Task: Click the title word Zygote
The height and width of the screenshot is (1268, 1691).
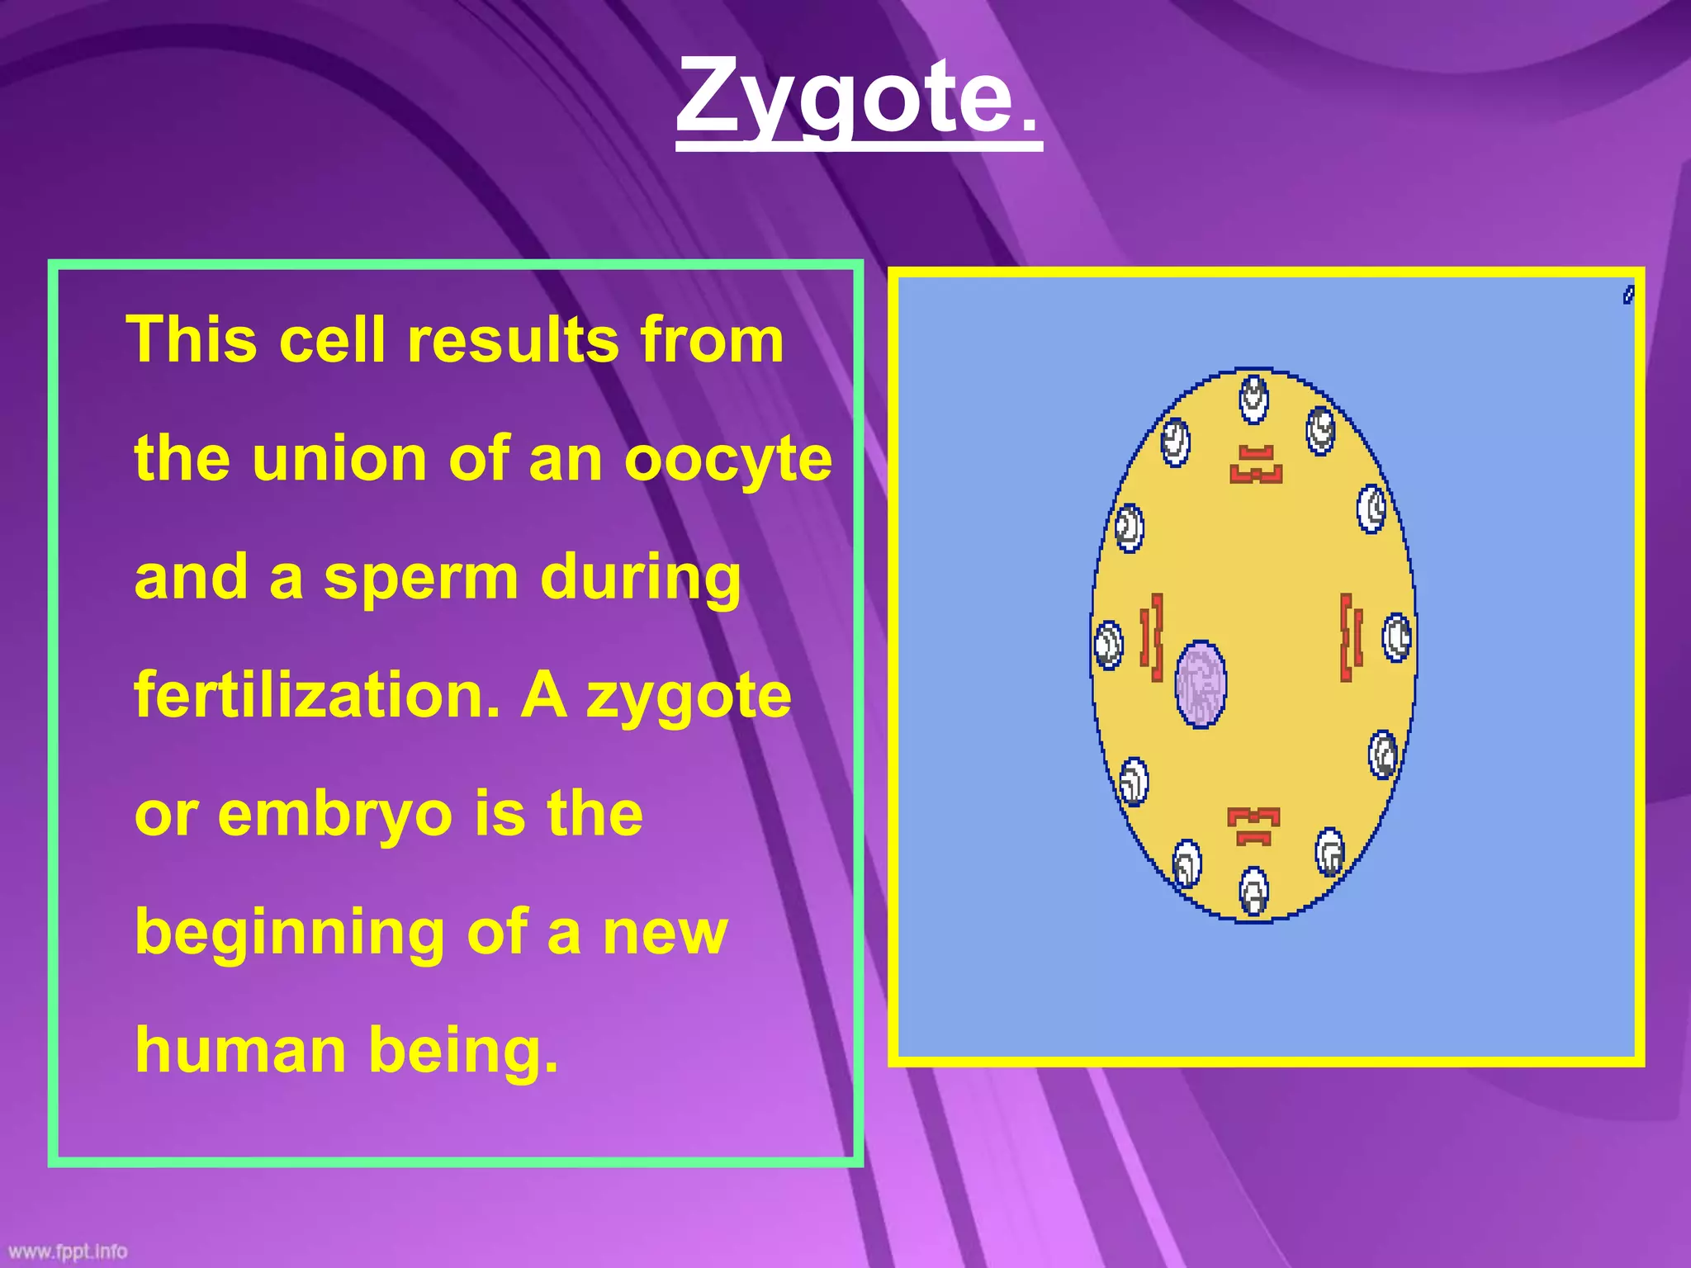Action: point(845,97)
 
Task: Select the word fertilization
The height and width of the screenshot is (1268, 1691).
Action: point(317,695)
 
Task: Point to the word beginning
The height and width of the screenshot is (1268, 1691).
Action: point(289,933)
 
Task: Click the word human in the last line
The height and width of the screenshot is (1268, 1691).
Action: point(240,1050)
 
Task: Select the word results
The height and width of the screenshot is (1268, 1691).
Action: point(513,340)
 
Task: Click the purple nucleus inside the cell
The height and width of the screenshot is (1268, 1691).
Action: point(1200,684)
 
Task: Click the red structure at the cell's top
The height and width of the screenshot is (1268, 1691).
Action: point(1255,465)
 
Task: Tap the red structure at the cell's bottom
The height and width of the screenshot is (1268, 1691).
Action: point(1253,826)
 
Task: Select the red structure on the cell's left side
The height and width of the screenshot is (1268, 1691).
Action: point(1152,637)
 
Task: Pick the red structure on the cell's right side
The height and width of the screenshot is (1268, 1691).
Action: point(1350,637)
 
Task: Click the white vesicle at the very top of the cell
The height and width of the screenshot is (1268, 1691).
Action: point(1253,399)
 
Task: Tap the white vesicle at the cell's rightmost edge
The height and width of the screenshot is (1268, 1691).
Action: point(1397,638)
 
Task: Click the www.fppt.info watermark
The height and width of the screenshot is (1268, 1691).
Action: point(68,1251)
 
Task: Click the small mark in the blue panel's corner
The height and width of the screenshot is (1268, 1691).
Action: point(1628,295)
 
